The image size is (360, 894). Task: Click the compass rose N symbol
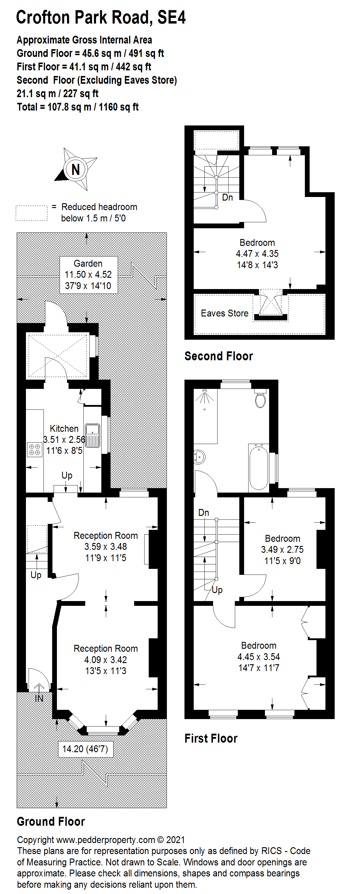[x=75, y=169]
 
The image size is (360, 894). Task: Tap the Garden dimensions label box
[x=89, y=274]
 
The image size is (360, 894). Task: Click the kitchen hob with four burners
[x=35, y=449]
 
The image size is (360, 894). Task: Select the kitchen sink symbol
[x=92, y=435]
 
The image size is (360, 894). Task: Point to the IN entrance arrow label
[x=39, y=698]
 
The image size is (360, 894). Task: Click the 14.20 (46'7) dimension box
[x=85, y=749]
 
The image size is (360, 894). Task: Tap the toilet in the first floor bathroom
[x=260, y=398]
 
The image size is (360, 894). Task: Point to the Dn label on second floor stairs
[x=227, y=198]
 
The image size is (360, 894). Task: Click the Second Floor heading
[x=218, y=356]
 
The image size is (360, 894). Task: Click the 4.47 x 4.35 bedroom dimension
[x=257, y=254]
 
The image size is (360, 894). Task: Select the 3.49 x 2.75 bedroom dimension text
[x=282, y=550]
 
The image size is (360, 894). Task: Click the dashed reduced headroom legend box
[x=32, y=213]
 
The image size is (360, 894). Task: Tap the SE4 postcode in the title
[x=171, y=17]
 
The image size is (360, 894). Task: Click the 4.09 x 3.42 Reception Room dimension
[x=105, y=659]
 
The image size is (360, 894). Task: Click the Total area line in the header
[x=78, y=107]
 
